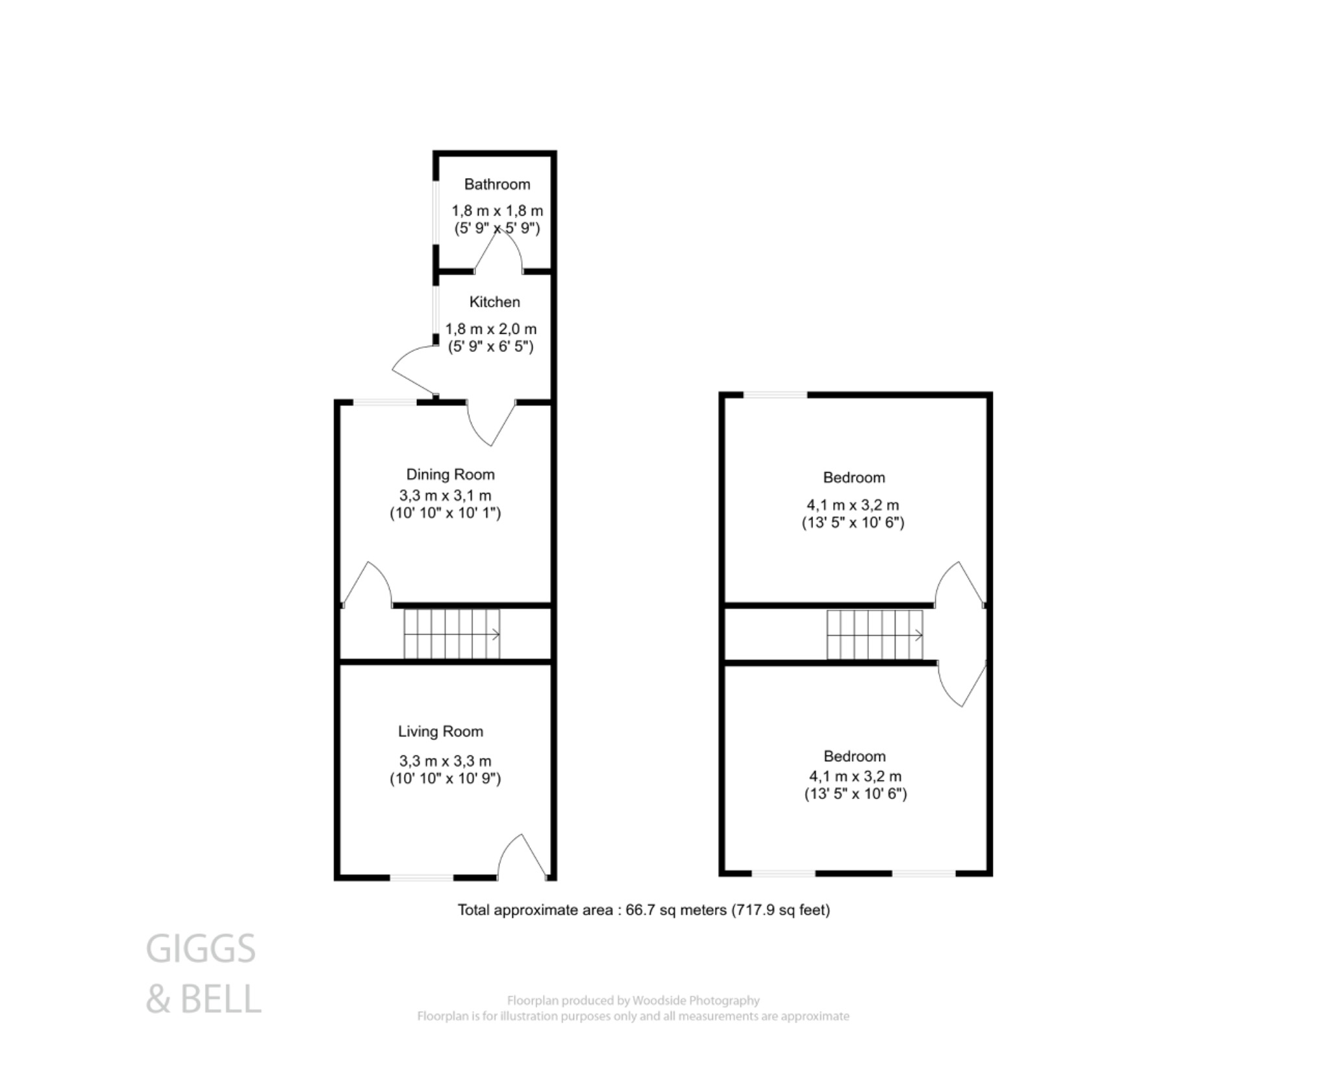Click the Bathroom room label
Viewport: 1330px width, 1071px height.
pyautogui.click(x=497, y=184)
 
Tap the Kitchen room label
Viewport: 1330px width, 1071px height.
pyautogui.click(x=494, y=302)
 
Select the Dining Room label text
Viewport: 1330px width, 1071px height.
pyautogui.click(x=450, y=474)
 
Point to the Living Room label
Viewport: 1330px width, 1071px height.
pyautogui.click(x=440, y=731)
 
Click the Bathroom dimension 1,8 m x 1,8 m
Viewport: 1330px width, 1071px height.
pyautogui.click(x=497, y=211)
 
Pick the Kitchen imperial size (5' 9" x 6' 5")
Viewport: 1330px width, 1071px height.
pyautogui.click(x=490, y=347)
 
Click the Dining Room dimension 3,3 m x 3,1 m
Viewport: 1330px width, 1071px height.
pyautogui.click(x=445, y=496)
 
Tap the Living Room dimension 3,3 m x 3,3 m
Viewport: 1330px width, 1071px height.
pyautogui.click(x=445, y=761)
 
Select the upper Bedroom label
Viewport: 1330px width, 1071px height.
pyautogui.click(x=853, y=477)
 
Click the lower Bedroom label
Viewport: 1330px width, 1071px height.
pyautogui.click(x=854, y=756)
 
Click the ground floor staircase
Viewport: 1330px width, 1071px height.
pyautogui.click(x=452, y=634)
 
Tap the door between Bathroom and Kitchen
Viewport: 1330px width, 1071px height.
pyautogui.click(x=499, y=253)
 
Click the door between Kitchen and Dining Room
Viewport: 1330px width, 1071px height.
pyautogui.click(x=490, y=422)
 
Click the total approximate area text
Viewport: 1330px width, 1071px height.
pyautogui.click(x=644, y=910)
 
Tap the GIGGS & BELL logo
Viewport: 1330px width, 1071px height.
pyautogui.click(x=203, y=974)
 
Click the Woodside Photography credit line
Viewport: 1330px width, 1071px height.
pyautogui.click(x=633, y=1001)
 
